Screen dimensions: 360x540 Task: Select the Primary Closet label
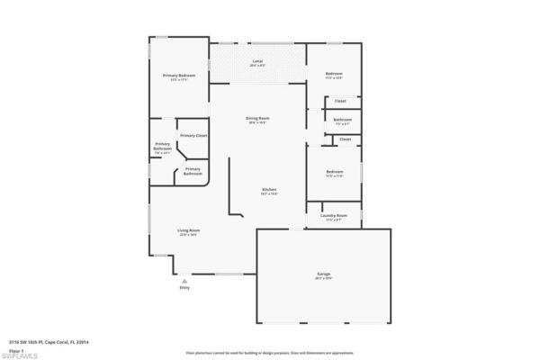(193, 136)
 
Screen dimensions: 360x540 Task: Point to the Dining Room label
(258, 120)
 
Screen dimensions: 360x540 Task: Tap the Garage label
(324, 274)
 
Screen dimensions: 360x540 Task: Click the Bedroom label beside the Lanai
(335, 74)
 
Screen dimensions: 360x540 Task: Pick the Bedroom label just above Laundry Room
(335, 173)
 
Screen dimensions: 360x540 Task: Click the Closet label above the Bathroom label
(340, 101)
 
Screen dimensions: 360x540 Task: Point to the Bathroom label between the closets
(343, 121)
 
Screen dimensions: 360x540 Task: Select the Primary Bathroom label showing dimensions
(163, 148)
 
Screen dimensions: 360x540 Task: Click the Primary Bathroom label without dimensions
(193, 170)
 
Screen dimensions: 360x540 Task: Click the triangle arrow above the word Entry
(184, 281)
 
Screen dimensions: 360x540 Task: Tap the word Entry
(184, 288)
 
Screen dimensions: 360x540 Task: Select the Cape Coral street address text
(44, 342)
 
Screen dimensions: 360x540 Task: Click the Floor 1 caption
(15, 349)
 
